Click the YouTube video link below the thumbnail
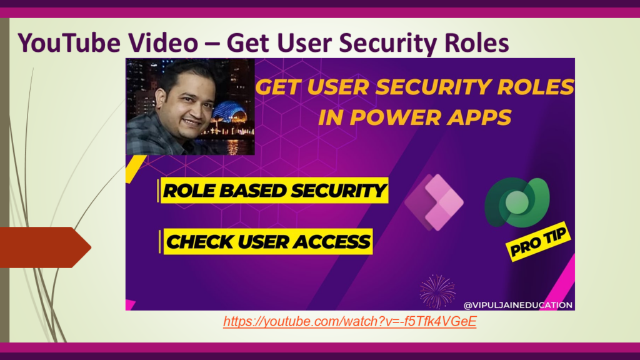[x=350, y=322]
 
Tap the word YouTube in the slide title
[x=69, y=43]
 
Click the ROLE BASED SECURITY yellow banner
[x=274, y=191]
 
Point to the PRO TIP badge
[x=538, y=241]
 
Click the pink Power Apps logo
[x=434, y=202]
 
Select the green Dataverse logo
[x=517, y=202]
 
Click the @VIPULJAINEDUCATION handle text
[x=518, y=305]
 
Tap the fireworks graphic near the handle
[x=437, y=291]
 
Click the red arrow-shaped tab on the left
[x=45, y=247]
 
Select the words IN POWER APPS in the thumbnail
[x=414, y=117]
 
